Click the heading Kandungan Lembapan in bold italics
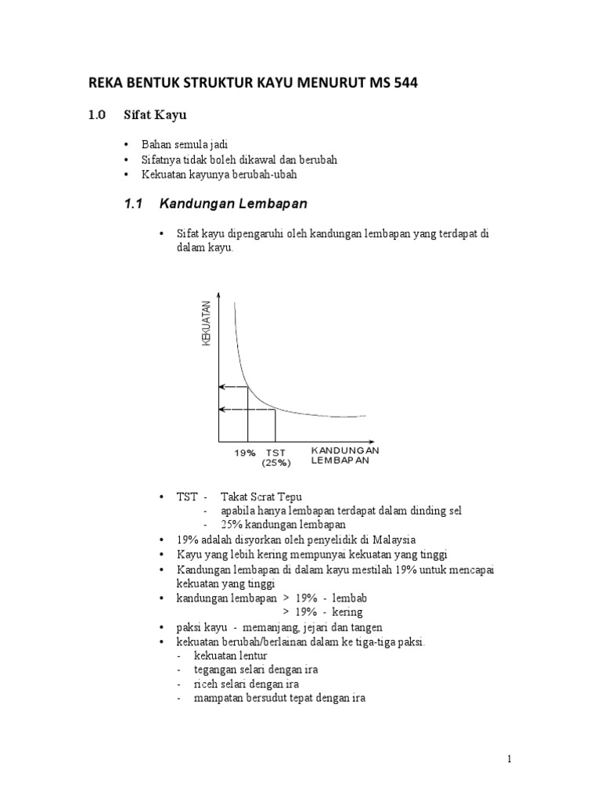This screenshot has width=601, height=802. pyautogui.click(x=233, y=204)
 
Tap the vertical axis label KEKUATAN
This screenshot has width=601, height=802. pyautogui.click(x=207, y=323)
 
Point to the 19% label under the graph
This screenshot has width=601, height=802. pyautogui.click(x=245, y=453)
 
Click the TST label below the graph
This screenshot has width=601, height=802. pyautogui.click(x=275, y=453)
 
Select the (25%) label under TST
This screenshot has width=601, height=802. pyautogui.click(x=276, y=463)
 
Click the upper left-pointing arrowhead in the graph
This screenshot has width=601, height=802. pyautogui.click(x=221, y=387)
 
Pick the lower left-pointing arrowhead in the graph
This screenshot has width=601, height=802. pyautogui.click(x=221, y=409)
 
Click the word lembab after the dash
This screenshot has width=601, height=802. pyautogui.click(x=349, y=598)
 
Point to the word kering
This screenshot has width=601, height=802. pyautogui.click(x=347, y=612)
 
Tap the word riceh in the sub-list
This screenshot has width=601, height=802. pyautogui.click(x=207, y=684)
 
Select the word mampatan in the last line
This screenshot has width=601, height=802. pyautogui.click(x=218, y=698)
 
